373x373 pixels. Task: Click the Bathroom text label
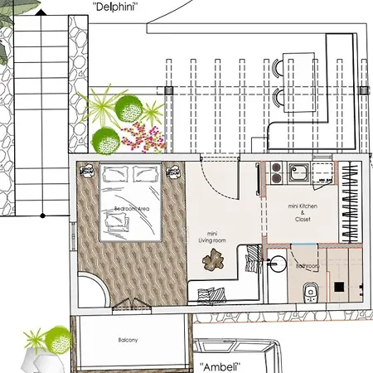point(308,265)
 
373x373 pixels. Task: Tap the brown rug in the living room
point(215,259)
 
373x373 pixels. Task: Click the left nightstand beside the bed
point(86,170)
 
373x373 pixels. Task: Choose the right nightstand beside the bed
point(174,170)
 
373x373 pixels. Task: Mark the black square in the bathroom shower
point(338,287)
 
